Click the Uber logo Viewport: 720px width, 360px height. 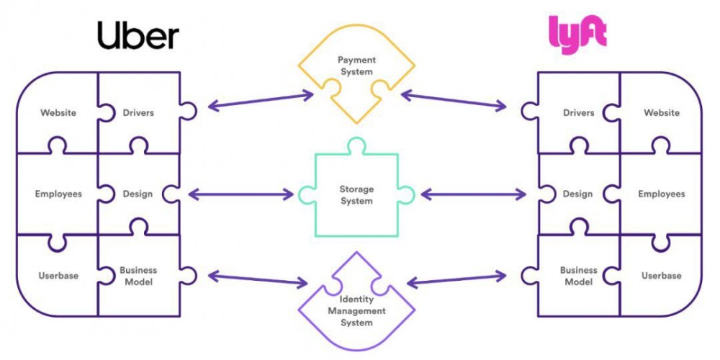point(138,35)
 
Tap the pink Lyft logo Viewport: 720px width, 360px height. point(577,35)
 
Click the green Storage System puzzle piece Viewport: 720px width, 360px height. point(356,195)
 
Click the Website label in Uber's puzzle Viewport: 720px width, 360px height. point(58,112)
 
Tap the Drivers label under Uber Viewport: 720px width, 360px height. point(138,112)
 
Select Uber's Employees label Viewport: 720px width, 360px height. point(58,194)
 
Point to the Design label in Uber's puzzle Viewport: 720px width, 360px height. point(138,194)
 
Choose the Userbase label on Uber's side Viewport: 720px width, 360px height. point(58,276)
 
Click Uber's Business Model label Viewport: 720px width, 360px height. point(138,276)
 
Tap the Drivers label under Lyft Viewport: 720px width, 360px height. point(579,112)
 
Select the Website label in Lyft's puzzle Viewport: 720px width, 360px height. point(662,112)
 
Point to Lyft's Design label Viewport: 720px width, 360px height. point(578,194)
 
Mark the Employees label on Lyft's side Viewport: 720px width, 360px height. point(662,194)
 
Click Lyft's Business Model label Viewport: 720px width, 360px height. point(579,276)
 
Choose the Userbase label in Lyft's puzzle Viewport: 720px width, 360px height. point(662,276)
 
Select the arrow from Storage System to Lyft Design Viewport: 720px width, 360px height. point(472,194)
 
